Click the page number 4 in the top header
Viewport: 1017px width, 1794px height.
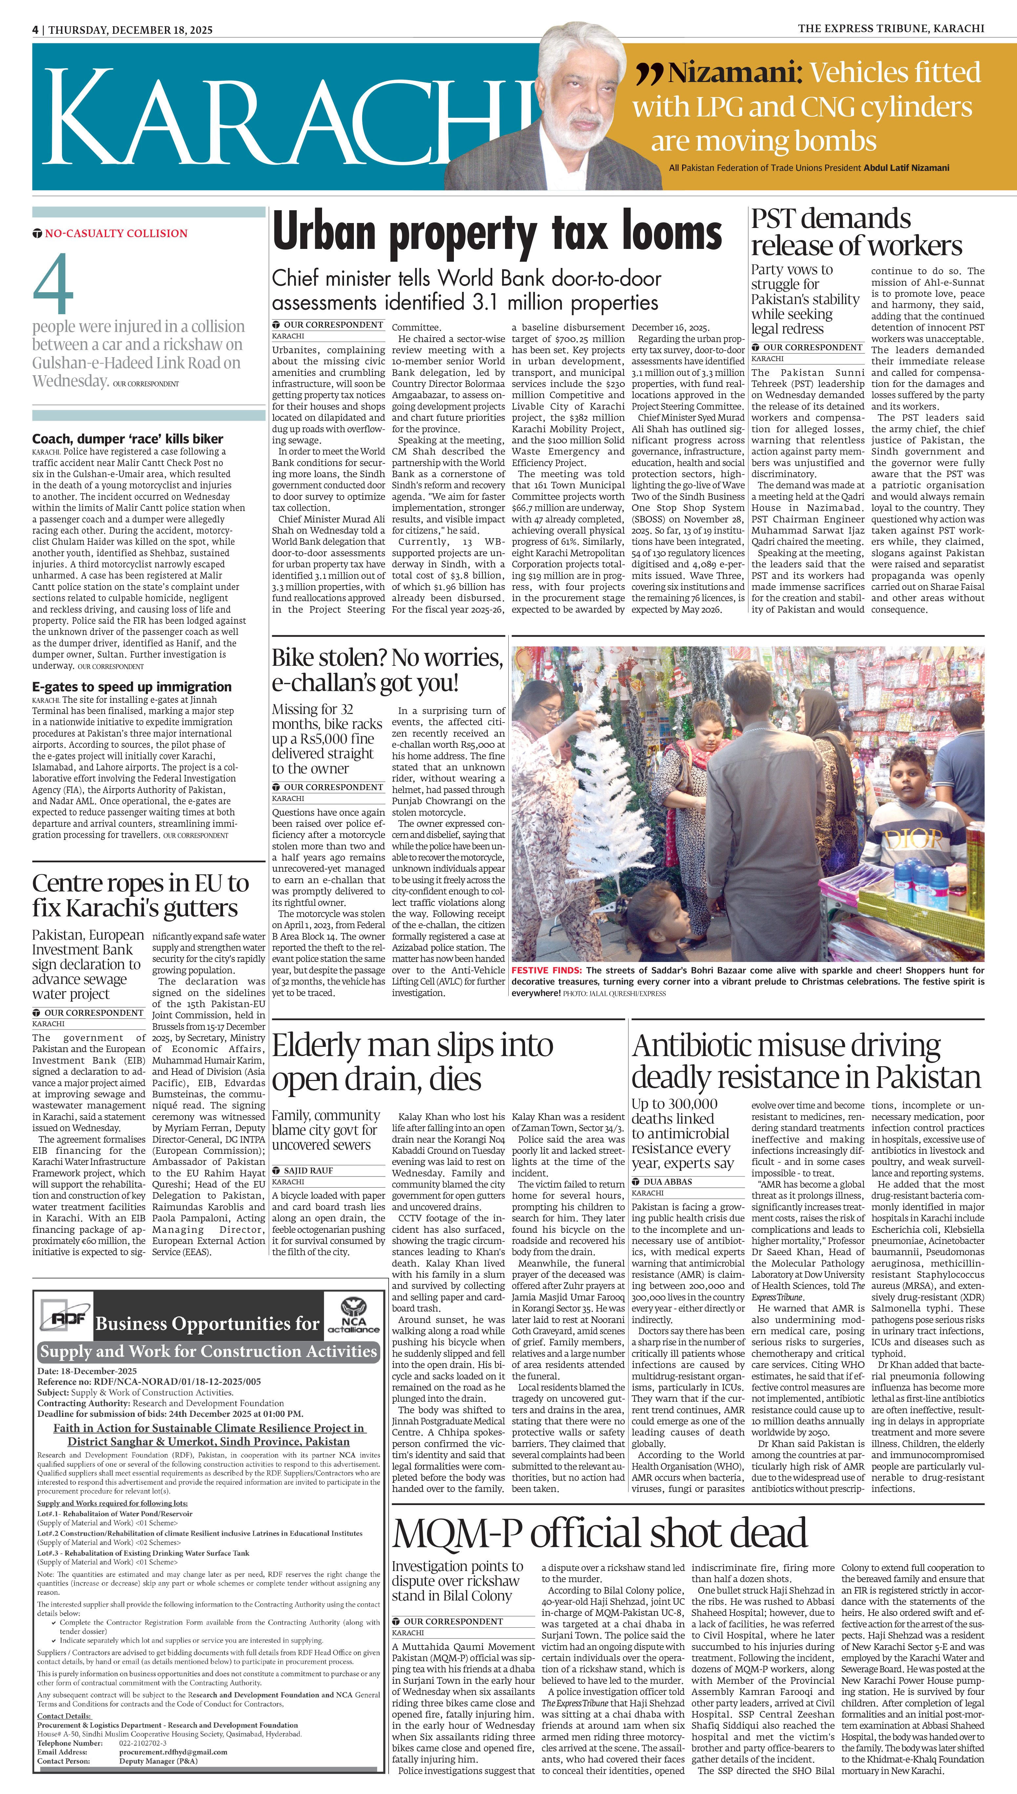35,30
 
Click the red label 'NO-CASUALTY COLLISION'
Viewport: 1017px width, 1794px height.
116,233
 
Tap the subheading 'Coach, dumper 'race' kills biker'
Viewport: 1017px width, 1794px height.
128,438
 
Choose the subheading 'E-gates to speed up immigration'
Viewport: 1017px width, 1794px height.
132,686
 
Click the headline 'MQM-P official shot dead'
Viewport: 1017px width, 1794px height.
599,1533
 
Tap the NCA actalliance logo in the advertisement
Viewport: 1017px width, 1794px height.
353,1316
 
